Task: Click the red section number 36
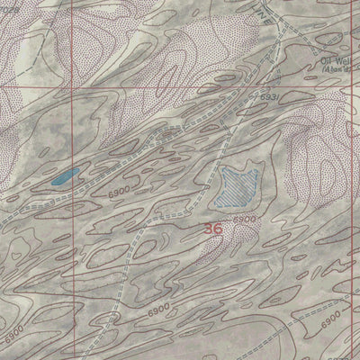coord(213,229)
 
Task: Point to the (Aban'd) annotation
coord(337,71)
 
